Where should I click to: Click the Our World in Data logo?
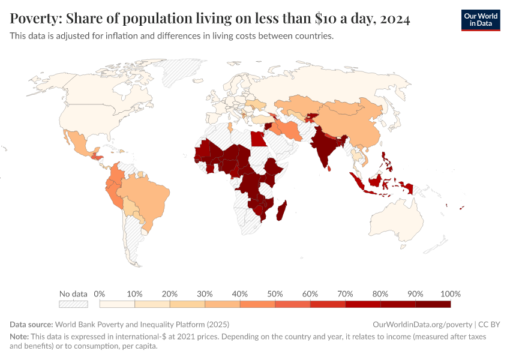tap(480, 20)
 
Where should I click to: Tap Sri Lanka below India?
tap(329, 167)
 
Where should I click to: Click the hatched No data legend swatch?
tap(73, 305)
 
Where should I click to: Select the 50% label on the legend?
tap(275, 294)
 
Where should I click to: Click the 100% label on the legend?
tap(450, 294)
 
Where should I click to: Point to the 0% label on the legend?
tap(100, 294)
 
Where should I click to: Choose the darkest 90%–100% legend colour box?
tap(433, 305)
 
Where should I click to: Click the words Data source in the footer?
tap(31, 324)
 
